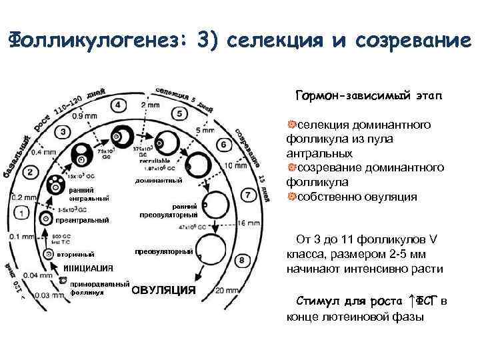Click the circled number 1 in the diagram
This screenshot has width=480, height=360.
click(x=23, y=212)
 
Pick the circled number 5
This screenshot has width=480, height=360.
click(x=179, y=113)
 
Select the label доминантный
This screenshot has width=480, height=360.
click(x=159, y=181)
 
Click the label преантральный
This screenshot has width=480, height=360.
click(x=82, y=220)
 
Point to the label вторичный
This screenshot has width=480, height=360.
click(x=75, y=254)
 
